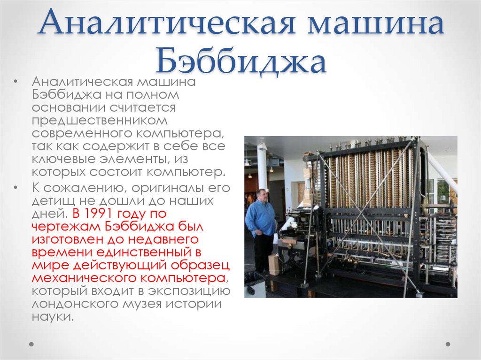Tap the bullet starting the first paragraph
click(16, 81)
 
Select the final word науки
click(52, 317)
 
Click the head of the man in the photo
click(262, 195)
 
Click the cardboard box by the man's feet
click(273, 265)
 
